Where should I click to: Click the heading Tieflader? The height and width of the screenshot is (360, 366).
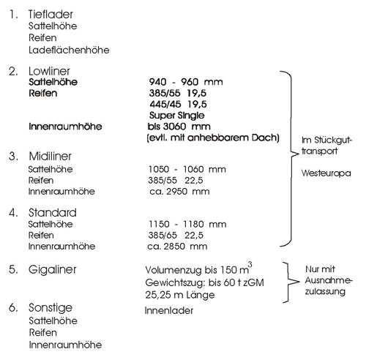click(51, 15)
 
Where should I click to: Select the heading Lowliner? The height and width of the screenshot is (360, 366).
click(49, 71)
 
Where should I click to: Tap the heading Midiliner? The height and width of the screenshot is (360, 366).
click(50, 156)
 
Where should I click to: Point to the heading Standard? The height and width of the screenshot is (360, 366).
click(53, 213)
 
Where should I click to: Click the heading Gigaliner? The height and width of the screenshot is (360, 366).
click(52, 270)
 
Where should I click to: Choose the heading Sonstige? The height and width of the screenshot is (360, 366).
click(51, 308)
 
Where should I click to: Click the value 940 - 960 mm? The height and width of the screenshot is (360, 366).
click(186, 82)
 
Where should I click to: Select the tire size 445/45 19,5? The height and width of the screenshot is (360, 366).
click(178, 105)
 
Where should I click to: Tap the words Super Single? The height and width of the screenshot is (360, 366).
click(177, 116)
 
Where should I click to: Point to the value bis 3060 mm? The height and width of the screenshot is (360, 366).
click(179, 127)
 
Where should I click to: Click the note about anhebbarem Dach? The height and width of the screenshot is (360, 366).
click(213, 138)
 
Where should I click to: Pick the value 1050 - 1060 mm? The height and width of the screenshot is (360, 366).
click(187, 169)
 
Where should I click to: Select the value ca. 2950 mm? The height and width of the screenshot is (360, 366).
click(179, 192)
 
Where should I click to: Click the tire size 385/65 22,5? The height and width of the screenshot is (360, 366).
click(176, 236)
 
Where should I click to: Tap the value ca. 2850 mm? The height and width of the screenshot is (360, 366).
click(177, 247)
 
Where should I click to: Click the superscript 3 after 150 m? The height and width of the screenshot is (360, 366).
click(250, 265)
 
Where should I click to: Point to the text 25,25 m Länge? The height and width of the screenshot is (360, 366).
click(180, 295)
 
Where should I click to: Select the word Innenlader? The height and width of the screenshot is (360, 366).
click(169, 311)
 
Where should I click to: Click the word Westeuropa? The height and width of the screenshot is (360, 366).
click(326, 173)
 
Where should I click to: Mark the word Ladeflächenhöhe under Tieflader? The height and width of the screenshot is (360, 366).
click(69, 50)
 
